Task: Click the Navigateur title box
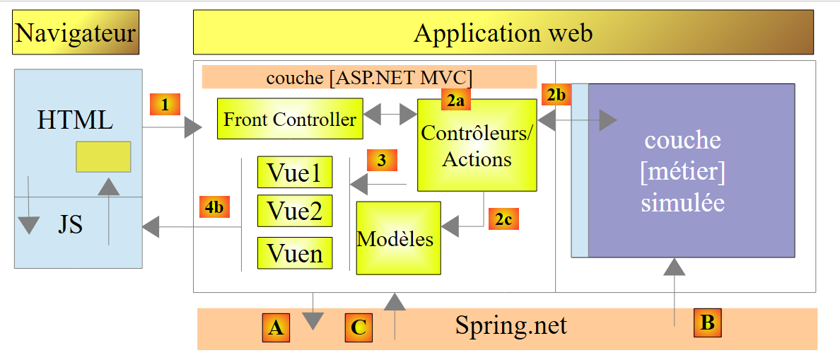click(76, 33)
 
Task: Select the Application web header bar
click(503, 33)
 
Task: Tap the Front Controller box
click(290, 119)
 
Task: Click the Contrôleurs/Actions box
click(477, 145)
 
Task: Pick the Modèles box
click(398, 238)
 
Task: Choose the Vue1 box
click(295, 172)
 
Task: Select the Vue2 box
click(295, 210)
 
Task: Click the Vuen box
click(295, 252)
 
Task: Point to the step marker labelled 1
click(165, 105)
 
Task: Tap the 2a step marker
click(456, 101)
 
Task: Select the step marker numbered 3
click(382, 161)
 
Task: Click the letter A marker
click(276, 327)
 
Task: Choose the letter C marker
click(359, 327)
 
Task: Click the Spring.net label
click(511, 326)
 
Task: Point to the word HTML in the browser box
click(74, 120)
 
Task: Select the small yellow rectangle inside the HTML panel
click(103, 156)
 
